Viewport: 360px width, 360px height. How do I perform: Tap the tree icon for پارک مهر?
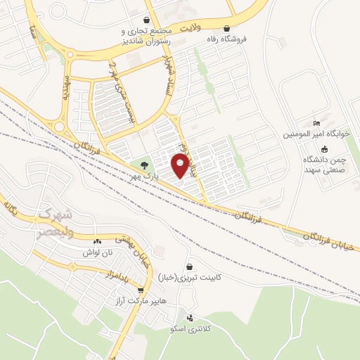144,165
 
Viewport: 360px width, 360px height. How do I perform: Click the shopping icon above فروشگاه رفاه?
226,30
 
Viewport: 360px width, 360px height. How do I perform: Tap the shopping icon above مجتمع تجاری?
146,20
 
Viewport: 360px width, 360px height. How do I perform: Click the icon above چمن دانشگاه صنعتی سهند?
324,149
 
